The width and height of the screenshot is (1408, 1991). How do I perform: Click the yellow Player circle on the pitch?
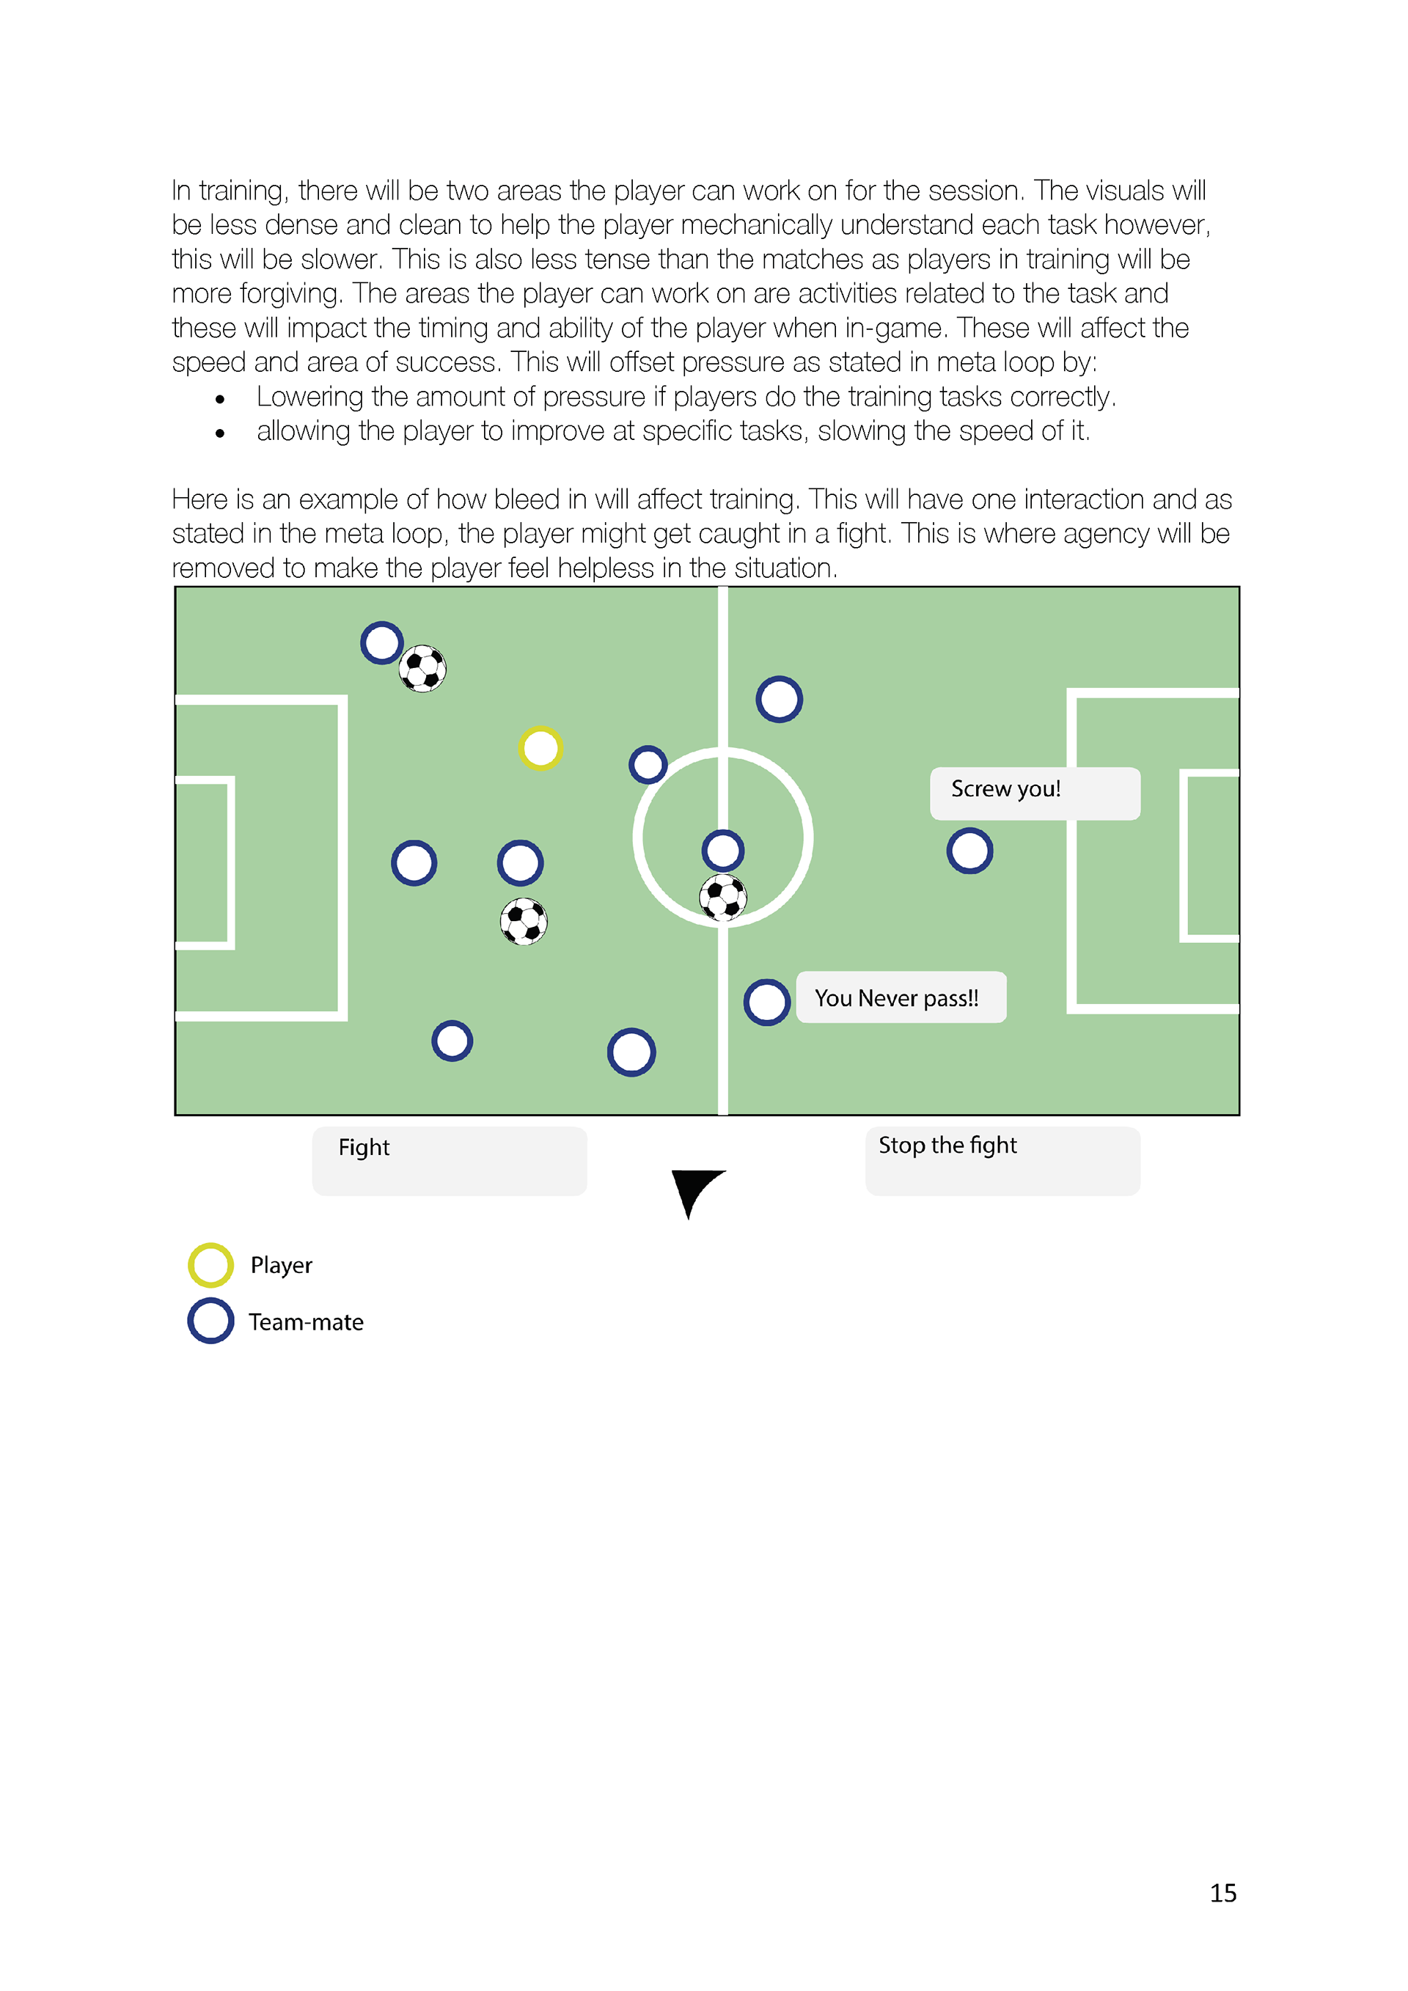540,747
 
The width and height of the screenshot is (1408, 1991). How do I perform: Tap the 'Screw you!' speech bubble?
1034,793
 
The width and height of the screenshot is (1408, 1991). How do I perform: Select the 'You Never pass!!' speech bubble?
901,997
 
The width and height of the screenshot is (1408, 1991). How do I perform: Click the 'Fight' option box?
449,1160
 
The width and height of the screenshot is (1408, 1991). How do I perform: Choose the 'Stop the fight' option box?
1002,1160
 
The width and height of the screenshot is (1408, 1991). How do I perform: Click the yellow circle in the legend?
210,1265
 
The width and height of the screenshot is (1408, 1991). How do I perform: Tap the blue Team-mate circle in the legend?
210,1321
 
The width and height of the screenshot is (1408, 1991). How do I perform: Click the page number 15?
1222,1893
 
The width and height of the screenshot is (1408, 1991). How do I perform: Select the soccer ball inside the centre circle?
723,897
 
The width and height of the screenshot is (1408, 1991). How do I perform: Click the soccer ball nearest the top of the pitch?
423,669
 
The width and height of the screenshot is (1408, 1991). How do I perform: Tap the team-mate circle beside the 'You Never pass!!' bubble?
767,1002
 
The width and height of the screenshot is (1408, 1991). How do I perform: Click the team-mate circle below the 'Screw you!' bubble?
969,850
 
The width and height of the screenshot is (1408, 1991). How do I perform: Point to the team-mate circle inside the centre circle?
723,850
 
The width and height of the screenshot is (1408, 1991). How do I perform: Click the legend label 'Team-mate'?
306,1322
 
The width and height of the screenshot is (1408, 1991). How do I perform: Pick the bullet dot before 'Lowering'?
220,400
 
